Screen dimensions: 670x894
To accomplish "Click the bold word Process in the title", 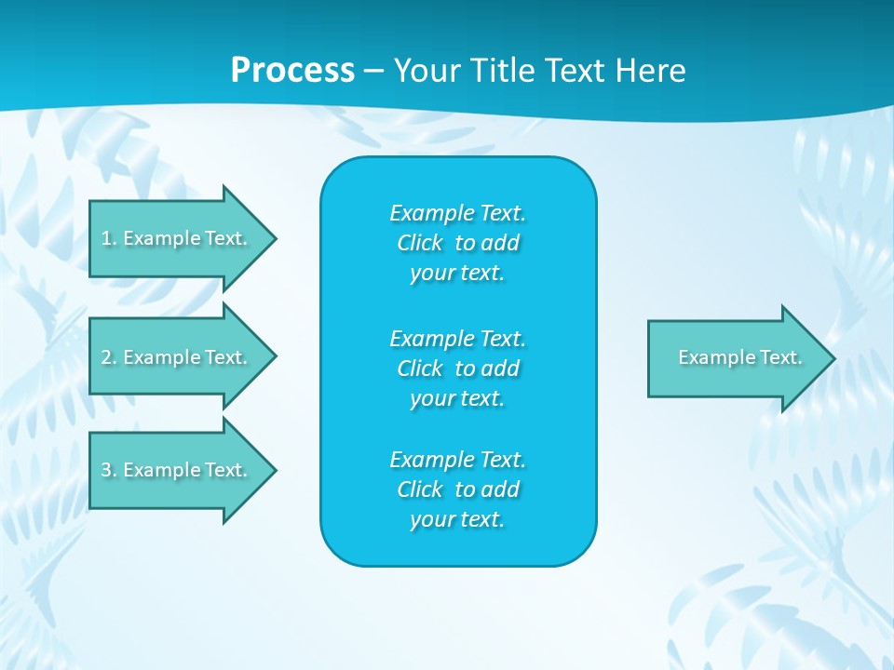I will coord(292,71).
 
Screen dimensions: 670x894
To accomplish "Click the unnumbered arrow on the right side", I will coord(736,358).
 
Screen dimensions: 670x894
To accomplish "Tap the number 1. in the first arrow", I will coord(109,239).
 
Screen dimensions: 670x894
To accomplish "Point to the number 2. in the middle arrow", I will coord(109,357).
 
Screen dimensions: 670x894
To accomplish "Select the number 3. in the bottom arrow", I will coord(109,471).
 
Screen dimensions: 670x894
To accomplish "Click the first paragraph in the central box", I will coord(457,243).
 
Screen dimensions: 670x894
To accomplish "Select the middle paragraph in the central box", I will coord(457,368).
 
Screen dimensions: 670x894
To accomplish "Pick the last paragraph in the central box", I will coord(457,489).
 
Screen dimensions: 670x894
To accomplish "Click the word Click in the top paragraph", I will coord(420,243).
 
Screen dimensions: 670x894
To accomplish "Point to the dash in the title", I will coord(373,71).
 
